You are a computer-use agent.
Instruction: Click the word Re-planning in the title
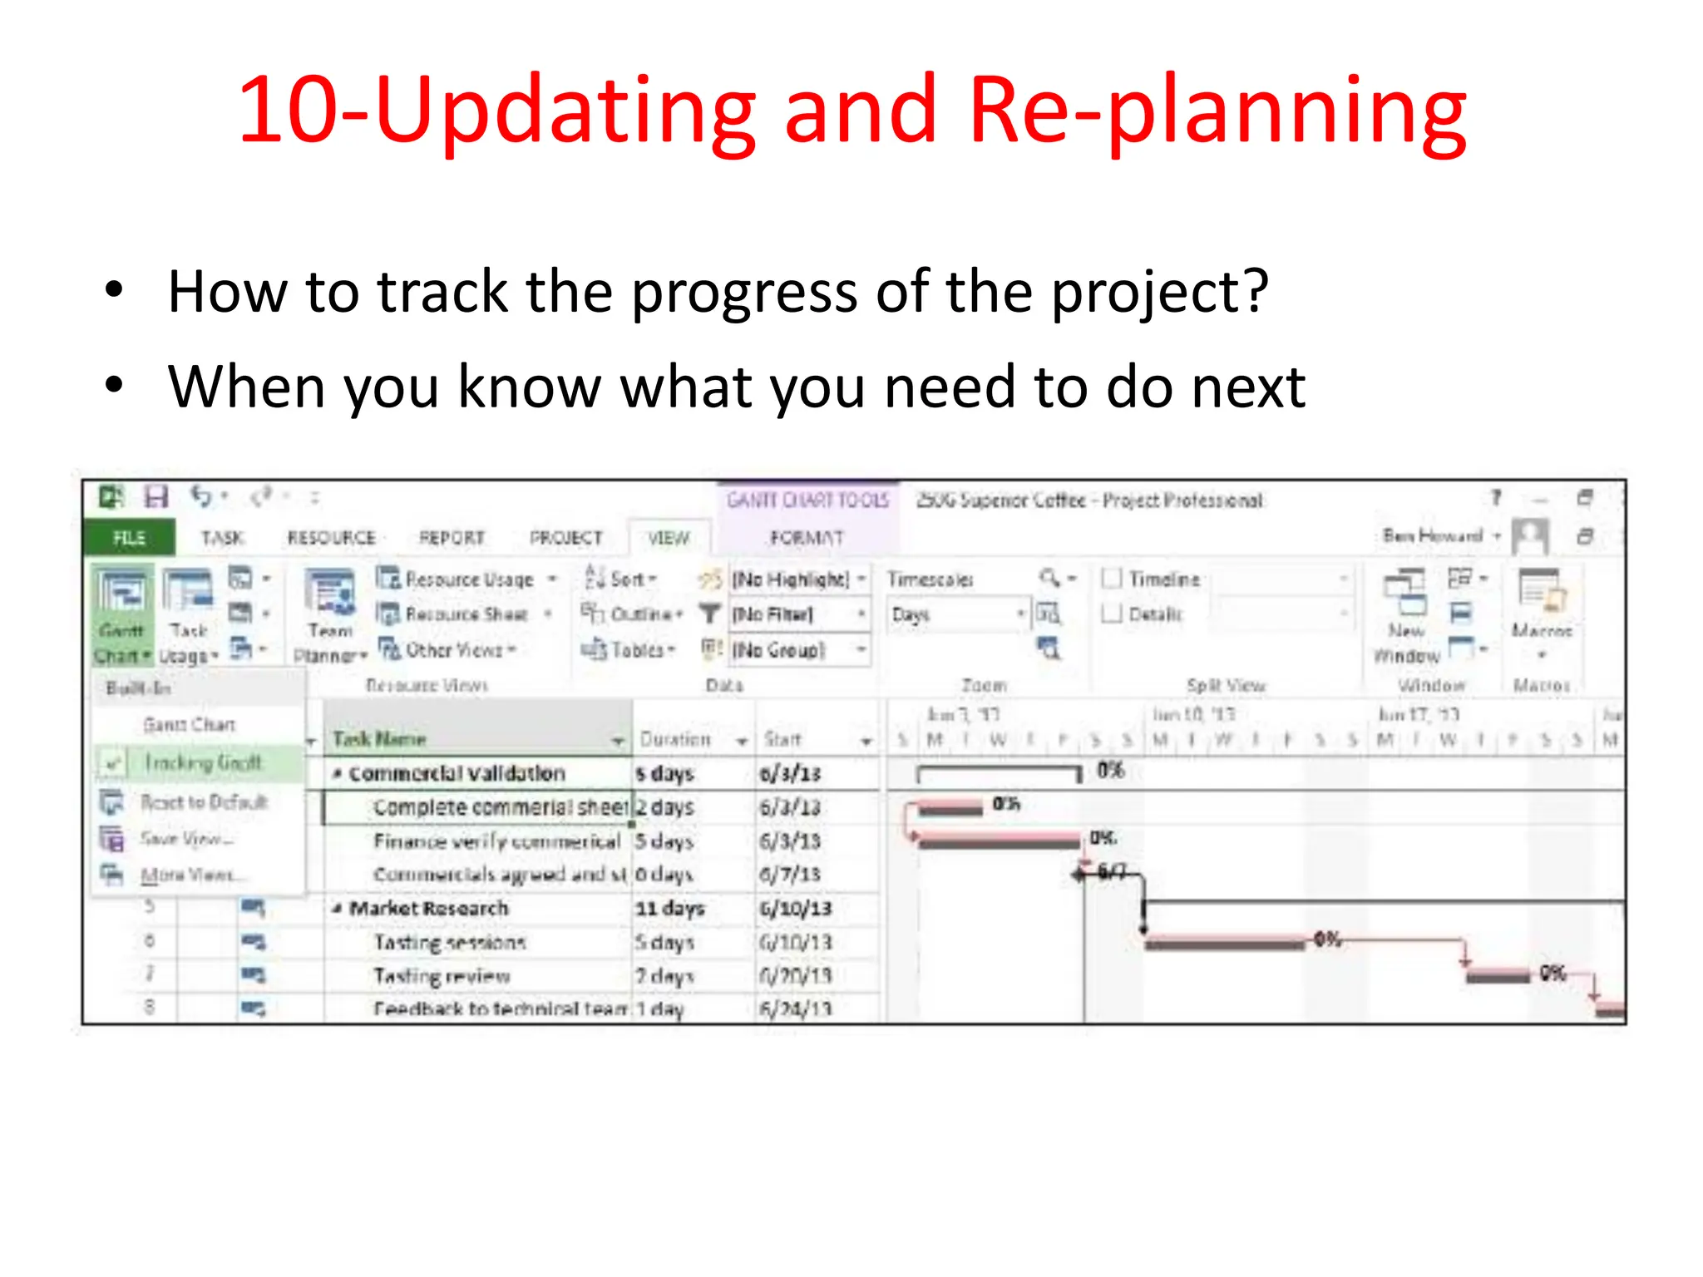(1217, 112)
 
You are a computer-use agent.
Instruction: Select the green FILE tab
(129, 538)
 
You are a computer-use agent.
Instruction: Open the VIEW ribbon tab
(669, 538)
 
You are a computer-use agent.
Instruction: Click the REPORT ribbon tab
(452, 538)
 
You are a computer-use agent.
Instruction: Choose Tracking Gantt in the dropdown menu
(202, 762)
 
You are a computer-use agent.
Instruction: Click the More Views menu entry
(192, 875)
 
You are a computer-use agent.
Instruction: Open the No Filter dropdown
(798, 614)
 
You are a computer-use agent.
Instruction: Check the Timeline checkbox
(1112, 579)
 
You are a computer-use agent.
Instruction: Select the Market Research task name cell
(428, 908)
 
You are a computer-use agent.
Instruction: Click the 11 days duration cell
(670, 908)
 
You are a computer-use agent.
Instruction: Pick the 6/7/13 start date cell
(790, 875)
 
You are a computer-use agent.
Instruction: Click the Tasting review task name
(442, 976)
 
